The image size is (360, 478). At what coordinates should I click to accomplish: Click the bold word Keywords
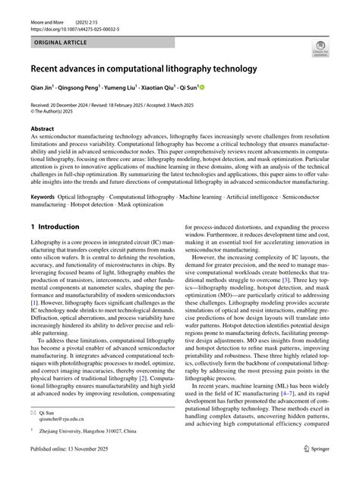click(43, 195)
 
